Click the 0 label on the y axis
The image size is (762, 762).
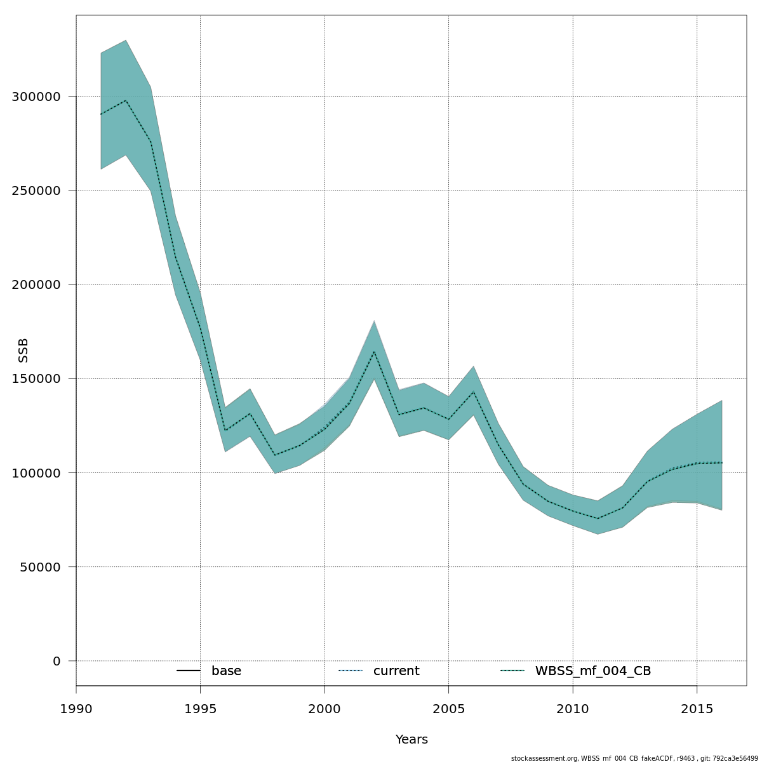click(57, 661)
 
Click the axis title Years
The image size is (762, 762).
click(411, 740)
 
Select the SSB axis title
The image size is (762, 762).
click(23, 351)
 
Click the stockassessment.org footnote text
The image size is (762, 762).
click(634, 758)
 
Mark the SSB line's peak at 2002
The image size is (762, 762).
click(374, 351)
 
